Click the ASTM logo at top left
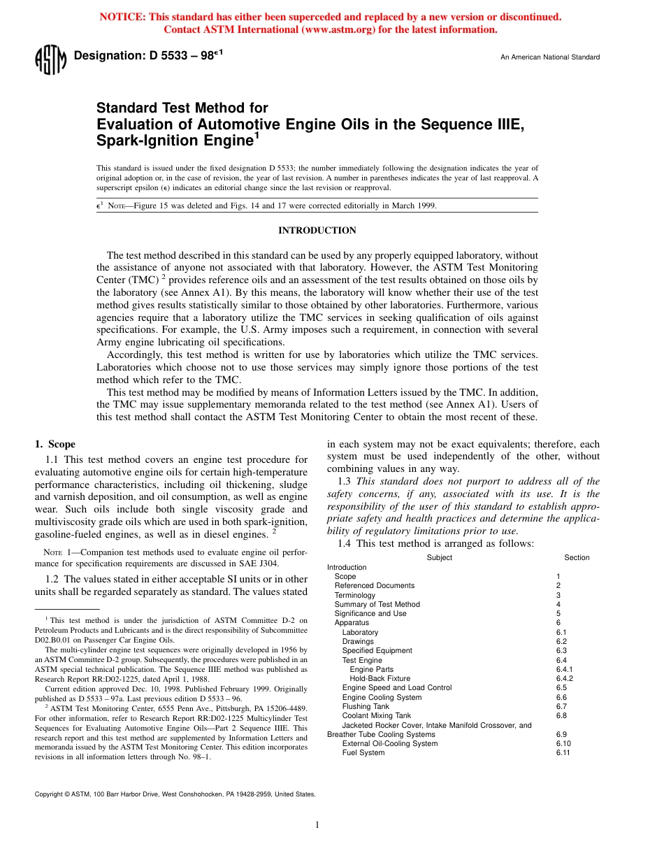(50, 59)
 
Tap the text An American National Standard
(549, 57)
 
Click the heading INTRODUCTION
(317, 231)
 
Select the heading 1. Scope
(55, 444)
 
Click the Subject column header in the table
(439, 557)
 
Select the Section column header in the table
(577, 557)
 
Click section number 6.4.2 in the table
(564, 678)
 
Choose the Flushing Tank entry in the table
(366, 706)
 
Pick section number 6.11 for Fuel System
(563, 752)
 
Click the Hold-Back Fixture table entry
(380, 678)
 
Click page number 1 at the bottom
(317, 825)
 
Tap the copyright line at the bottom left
(175, 794)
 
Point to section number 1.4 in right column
(345, 543)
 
